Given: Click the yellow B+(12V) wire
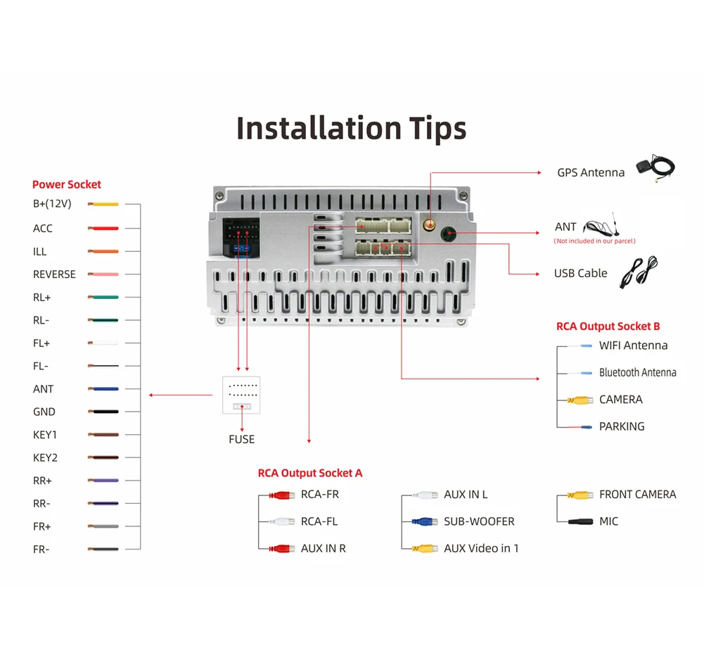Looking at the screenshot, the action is [103, 205].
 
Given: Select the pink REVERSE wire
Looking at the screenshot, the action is [103, 274].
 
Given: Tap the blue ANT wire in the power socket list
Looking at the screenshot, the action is [103, 388].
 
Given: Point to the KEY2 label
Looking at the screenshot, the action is [45, 457].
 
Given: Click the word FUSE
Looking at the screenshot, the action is [241, 439].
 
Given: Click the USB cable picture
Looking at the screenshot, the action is [638, 272].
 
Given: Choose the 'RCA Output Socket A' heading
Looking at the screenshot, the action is [309, 473].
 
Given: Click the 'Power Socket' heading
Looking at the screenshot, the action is [66, 184].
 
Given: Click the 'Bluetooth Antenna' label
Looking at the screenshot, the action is [637, 372].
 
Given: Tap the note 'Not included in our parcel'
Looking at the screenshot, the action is [594, 241].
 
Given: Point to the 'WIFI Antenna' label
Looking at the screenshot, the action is [633, 345].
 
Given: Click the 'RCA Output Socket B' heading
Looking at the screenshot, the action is [608, 326].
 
